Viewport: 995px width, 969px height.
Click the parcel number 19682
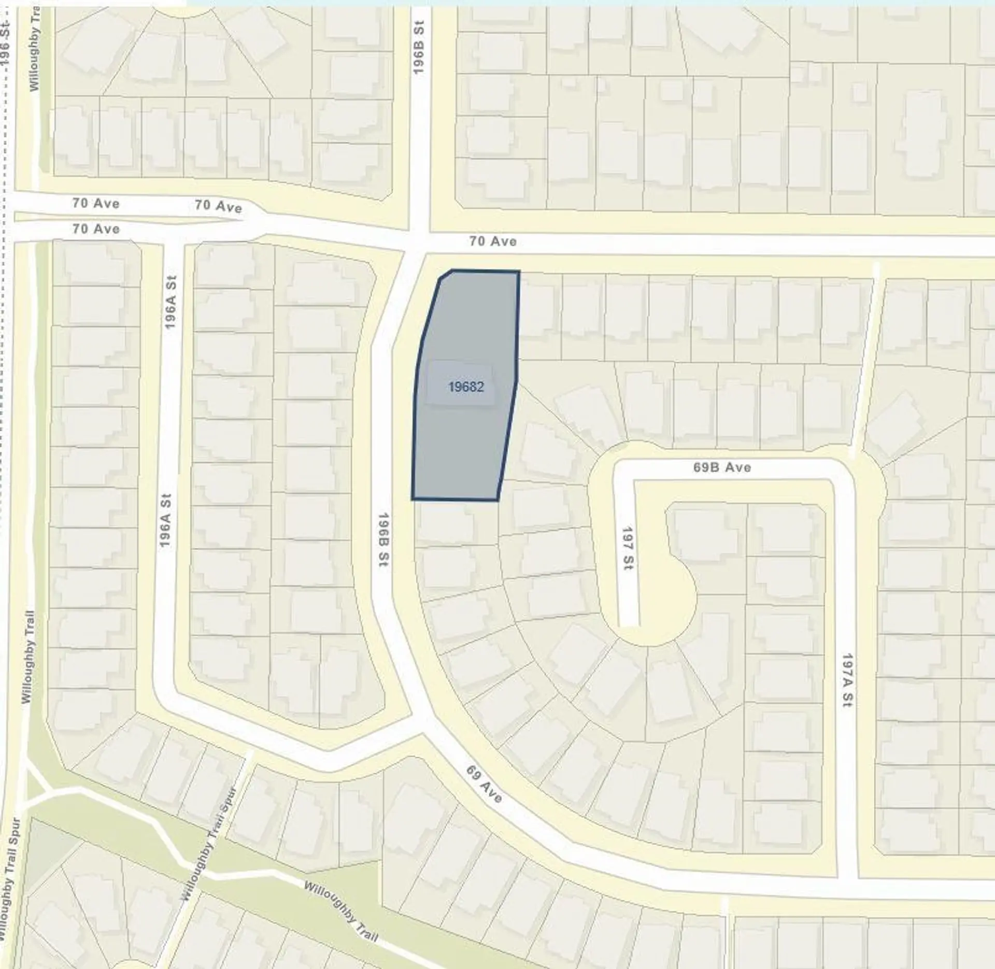click(466, 387)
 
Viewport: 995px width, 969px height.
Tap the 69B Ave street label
click(722, 467)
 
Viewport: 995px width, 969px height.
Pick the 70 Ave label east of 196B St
click(493, 241)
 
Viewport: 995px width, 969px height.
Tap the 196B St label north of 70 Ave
click(419, 47)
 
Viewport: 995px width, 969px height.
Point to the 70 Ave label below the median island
click(96, 229)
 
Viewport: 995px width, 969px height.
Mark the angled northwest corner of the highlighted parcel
click(445, 274)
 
